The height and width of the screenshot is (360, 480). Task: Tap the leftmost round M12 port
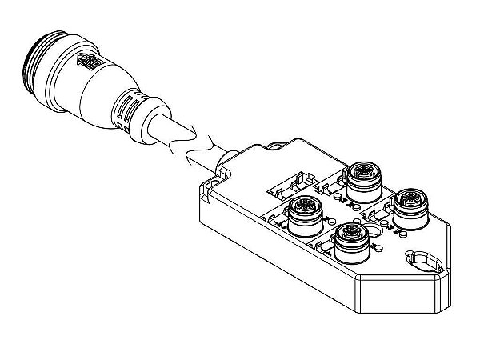pyautogui.click(x=303, y=211)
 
